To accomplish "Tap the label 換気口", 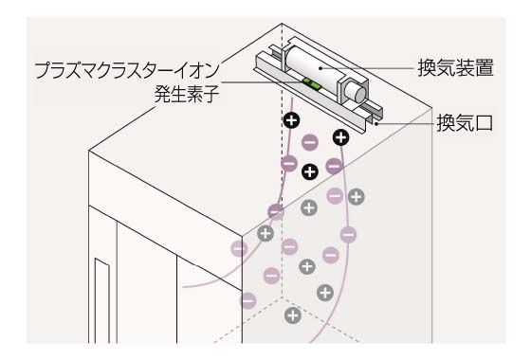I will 465,123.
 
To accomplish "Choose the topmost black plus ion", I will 292,120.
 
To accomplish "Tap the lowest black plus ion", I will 308,171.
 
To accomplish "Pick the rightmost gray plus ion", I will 357,197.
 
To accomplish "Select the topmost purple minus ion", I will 309,143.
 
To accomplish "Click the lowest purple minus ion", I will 248,299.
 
